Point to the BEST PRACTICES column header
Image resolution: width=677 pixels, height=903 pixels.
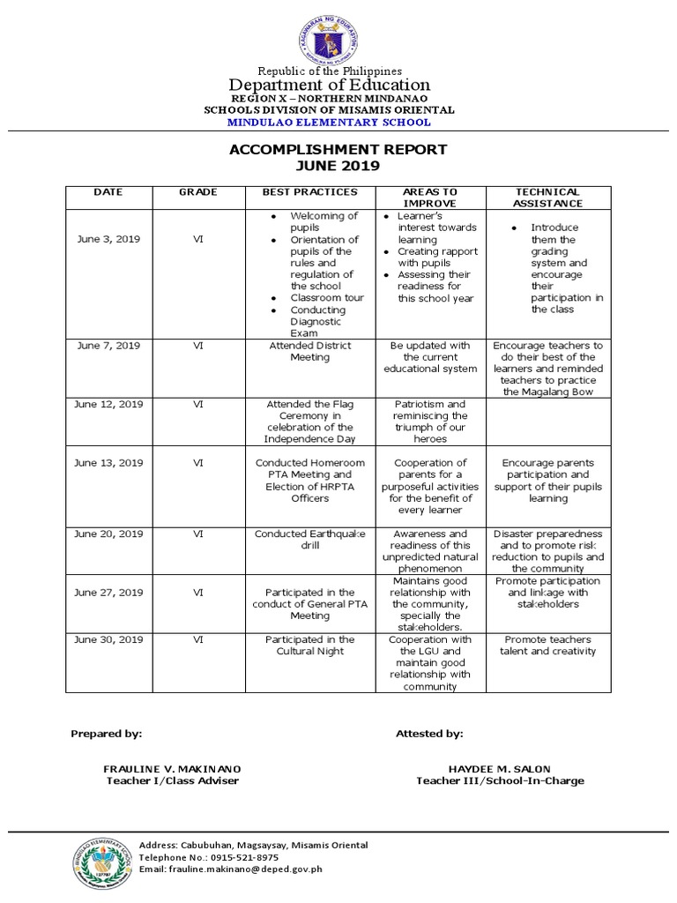point(309,191)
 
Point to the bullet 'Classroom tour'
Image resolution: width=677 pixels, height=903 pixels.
point(327,298)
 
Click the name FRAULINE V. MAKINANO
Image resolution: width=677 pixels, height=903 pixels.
point(172,769)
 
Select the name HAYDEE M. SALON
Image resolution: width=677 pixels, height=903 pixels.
point(500,769)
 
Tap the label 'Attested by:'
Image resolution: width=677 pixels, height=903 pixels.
point(429,733)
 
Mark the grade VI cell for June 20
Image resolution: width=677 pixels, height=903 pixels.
point(197,534)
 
